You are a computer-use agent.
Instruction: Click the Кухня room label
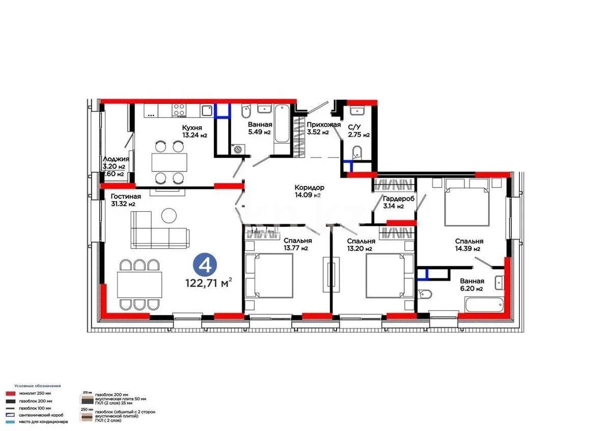pyautogui.click(x=192, y=127)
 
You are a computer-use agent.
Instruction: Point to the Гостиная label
pyautogui.click(x=125, y=196)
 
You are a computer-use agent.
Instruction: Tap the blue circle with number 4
pyautogui.click(x=206, y=265)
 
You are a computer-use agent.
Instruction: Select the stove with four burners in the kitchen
pyautogui.click(x=179, y=110)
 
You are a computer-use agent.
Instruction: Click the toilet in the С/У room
pyautogui.click(x=357, y=151)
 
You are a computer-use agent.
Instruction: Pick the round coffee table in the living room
pyautogui.click(x=169, y=216)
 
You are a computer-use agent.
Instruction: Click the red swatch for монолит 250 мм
pyautogui.click(x=10, y=393)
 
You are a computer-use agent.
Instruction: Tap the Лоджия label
pyautogui.click(x=116, y=159)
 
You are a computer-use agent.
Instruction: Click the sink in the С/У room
pyautogui.click(x=356, y=110)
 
